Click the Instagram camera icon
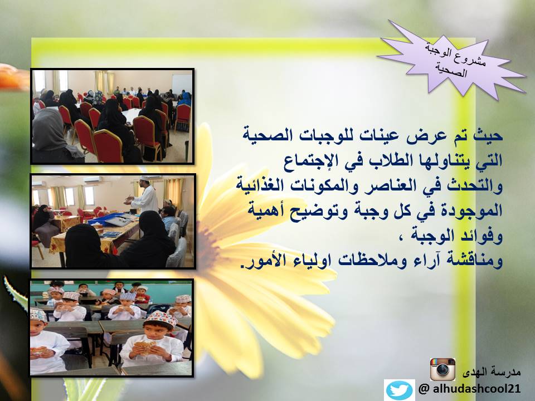tap(442, 369)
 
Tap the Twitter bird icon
tap(399, 390)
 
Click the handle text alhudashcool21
tap(476, 389)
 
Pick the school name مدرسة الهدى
tap(492, 372)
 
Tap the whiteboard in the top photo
tap(182, 83)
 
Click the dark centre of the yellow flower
tap(207, 243)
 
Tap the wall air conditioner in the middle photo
tap(92, 179)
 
